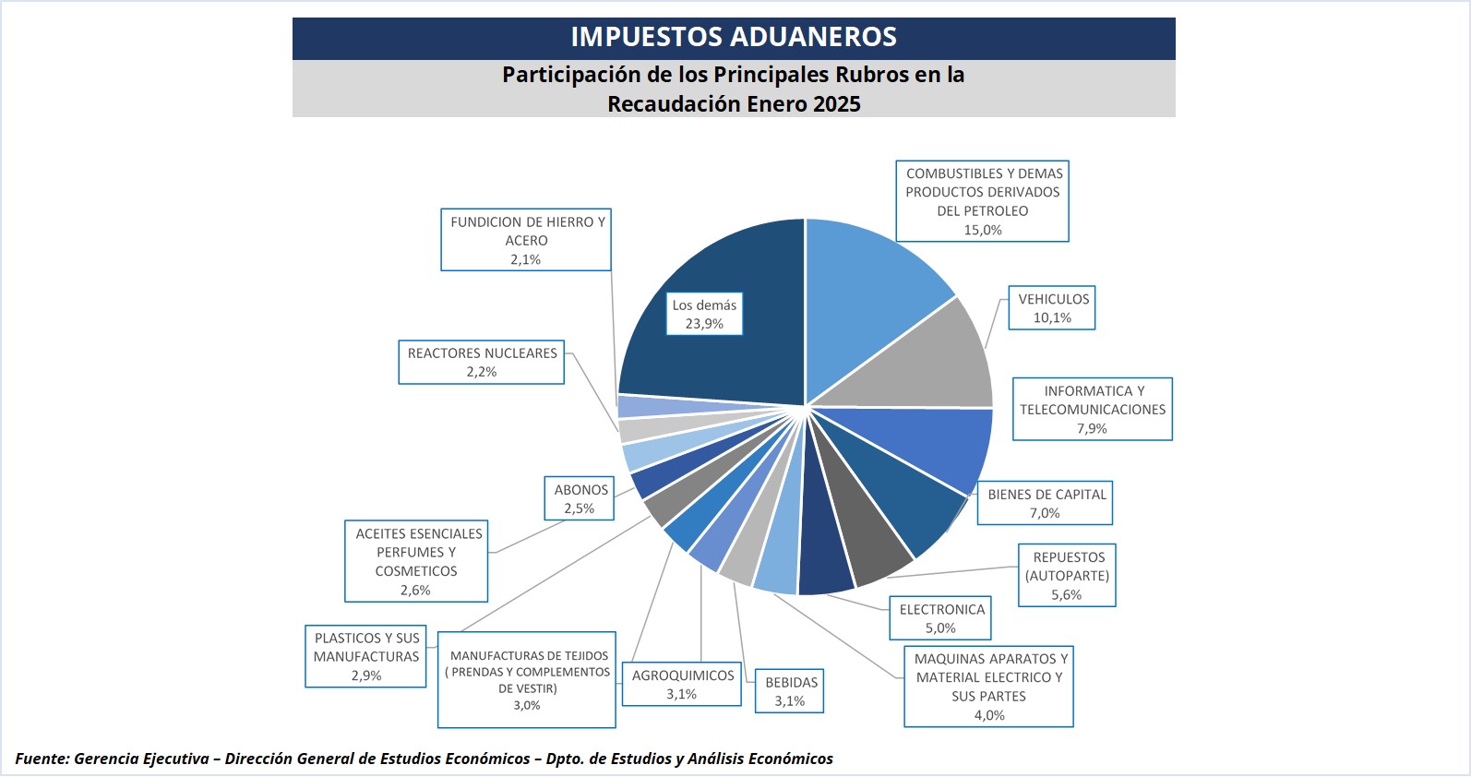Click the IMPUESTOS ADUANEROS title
734,37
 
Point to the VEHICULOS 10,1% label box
1052,308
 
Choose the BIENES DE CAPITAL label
1046,503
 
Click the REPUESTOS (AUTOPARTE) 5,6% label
1067,576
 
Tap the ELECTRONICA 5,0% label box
940,618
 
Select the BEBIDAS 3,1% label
790,691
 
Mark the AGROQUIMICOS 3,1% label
682,684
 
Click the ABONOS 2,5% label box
580,498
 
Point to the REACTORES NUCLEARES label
482,362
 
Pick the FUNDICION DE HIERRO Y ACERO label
526,240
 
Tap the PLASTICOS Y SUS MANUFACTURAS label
366,656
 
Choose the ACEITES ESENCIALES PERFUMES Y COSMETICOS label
416,561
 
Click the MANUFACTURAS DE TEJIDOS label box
527,679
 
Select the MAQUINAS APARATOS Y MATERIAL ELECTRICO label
988,686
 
